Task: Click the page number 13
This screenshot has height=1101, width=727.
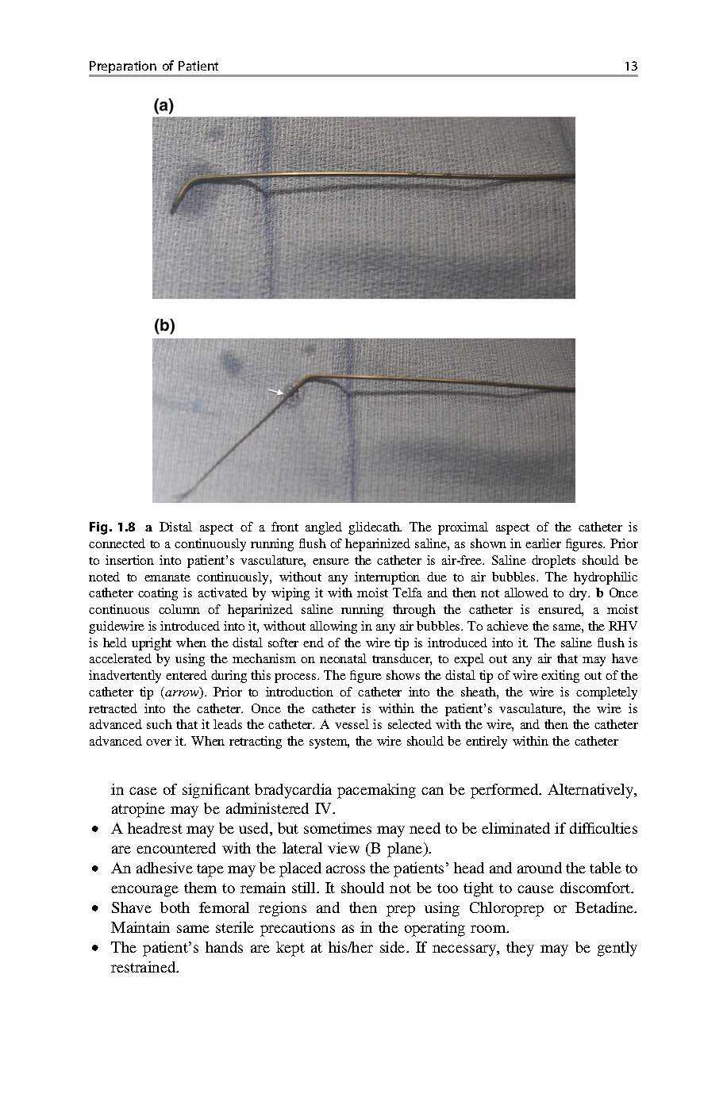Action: click(x=631, y=67)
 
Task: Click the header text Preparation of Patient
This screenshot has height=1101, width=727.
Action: click(x=153, y=67)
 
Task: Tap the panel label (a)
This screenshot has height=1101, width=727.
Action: click(x=163, y=105)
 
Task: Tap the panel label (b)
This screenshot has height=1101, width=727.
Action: click(x=163, y=326)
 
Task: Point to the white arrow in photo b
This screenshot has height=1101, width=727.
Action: click(x=275, y=391)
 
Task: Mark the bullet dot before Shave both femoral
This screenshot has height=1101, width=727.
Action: click(x=94, y=909)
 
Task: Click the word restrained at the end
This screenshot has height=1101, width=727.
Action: click(x=144, y=968)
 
